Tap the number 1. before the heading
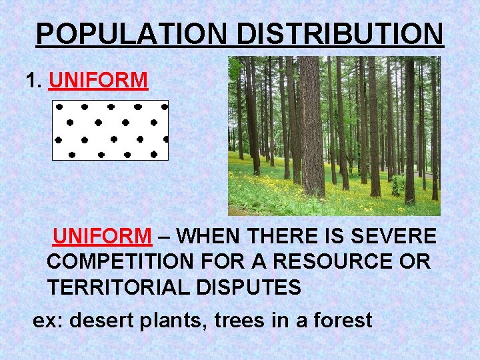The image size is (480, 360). tap(33, 81)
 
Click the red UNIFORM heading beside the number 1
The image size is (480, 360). tap(98, 81)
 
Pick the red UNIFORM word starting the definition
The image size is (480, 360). tap(102, 236)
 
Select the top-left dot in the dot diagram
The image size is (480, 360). tap(59, 106)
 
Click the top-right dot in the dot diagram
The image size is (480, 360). tap(164, 106)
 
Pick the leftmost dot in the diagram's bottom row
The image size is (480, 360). tap(72, 154)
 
